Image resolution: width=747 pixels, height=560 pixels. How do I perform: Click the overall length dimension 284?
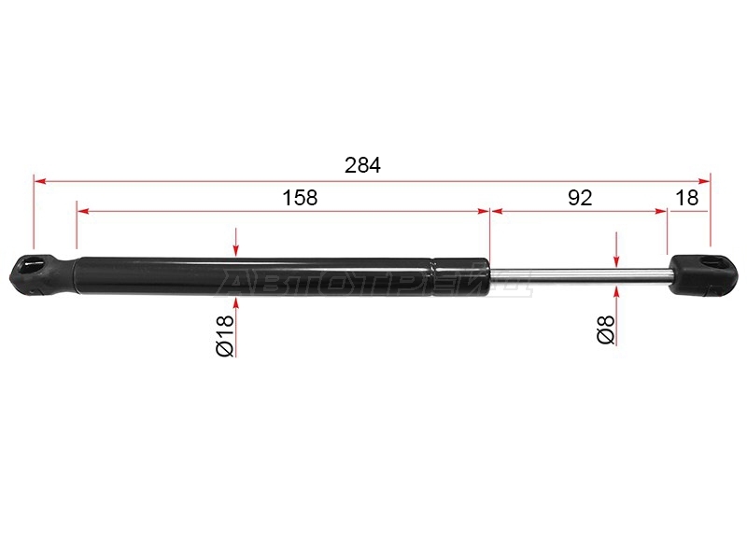tap(362, 165)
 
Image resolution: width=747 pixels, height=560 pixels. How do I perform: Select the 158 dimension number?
tap(300, 198)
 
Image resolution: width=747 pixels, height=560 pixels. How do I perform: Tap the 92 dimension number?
tap(580, 198)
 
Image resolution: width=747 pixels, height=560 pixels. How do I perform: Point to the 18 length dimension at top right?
tap(687, 198)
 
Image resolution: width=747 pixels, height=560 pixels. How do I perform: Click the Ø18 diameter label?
tap(225, 335)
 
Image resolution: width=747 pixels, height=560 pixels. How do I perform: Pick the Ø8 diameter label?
tap(605, 329)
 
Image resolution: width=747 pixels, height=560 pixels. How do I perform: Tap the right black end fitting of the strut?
tap(704, 274)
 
